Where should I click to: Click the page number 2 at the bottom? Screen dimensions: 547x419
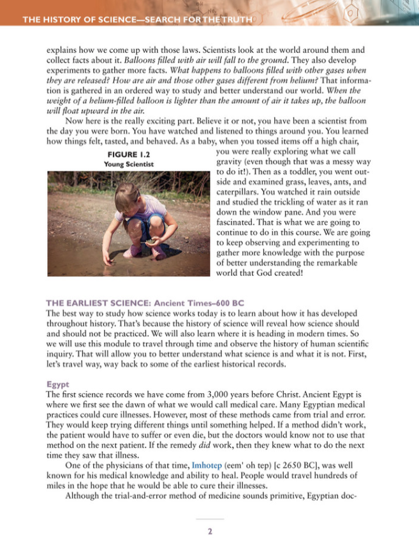pyautogui.click(x=209, y=531)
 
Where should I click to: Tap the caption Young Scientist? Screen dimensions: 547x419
pyautogui.click(x=128, y=163)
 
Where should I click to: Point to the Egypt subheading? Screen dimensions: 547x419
pyautogui.click(x=57, y=384)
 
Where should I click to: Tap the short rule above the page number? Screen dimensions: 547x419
pyautogui.click(x=209, y=520)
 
